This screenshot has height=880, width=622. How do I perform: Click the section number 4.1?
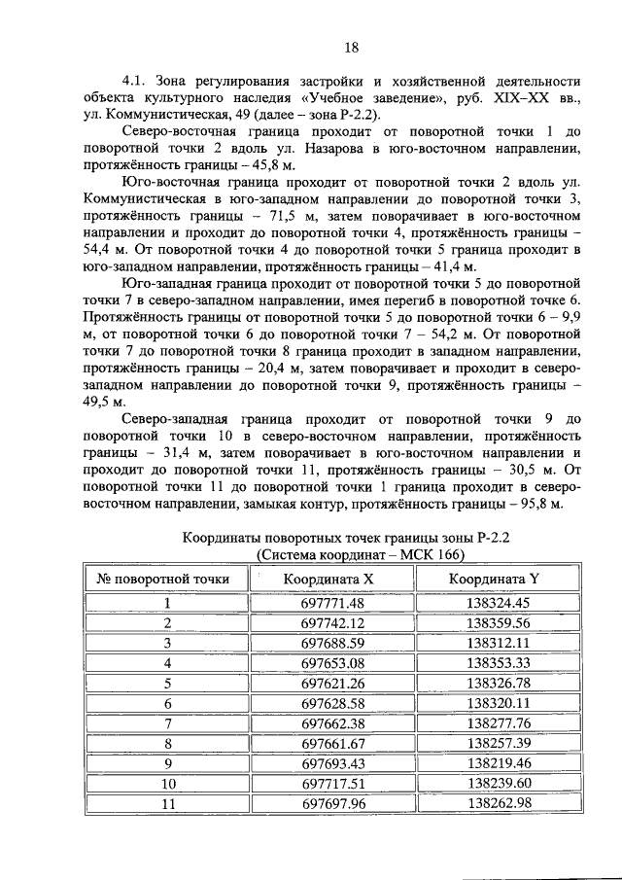132,81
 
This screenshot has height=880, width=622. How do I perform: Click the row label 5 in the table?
167,683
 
